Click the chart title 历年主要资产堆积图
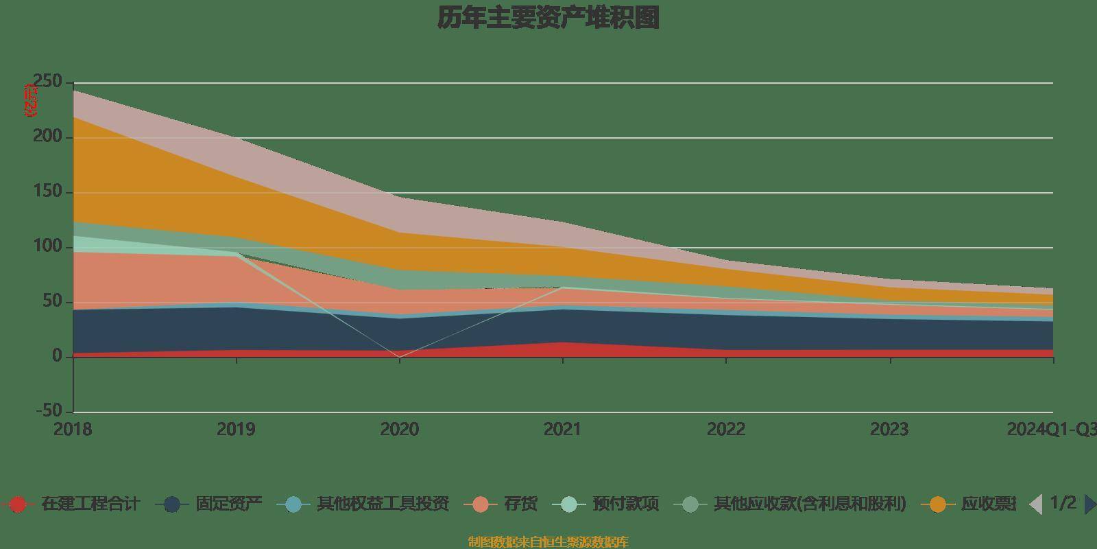click(x=548, y=19)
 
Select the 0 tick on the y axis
click(x=58, y=356)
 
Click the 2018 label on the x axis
click(x=73, y=430)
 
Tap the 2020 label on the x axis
click(x=399, y=430)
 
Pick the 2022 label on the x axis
click(x=726, y=430)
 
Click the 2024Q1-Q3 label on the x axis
click(x=1050, y=430)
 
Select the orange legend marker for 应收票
click(x=937, y=504)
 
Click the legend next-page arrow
click(x=1089, y=504)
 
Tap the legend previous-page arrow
click(x=1036, y=504)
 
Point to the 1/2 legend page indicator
click(x=1063, y=503)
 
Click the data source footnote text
click(x=548, y=542)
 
